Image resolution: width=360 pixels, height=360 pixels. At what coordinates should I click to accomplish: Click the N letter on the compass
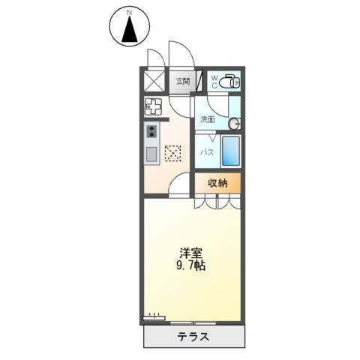pos(130,12)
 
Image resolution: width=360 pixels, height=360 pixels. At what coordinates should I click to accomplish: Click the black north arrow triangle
pos(130,29)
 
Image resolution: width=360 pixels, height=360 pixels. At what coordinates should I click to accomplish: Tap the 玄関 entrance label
pos(182,81)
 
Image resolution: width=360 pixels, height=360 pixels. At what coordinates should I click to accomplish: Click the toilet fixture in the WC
pos(229,80)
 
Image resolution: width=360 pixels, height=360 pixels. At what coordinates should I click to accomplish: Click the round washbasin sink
pos(233,123)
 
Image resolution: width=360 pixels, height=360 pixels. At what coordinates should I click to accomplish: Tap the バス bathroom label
pos(208,152)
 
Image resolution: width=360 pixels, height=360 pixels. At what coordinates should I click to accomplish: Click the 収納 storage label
pos(218,183)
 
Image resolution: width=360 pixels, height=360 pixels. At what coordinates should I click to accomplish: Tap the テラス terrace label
pos(193,336)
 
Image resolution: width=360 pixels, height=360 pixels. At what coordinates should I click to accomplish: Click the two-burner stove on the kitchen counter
pos(151,132)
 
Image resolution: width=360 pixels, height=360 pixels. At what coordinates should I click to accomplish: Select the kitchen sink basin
pos(151,154)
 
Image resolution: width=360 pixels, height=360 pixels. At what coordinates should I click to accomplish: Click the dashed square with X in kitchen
pos(172,154)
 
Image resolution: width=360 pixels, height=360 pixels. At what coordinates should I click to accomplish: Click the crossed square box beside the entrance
pos(153,79)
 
